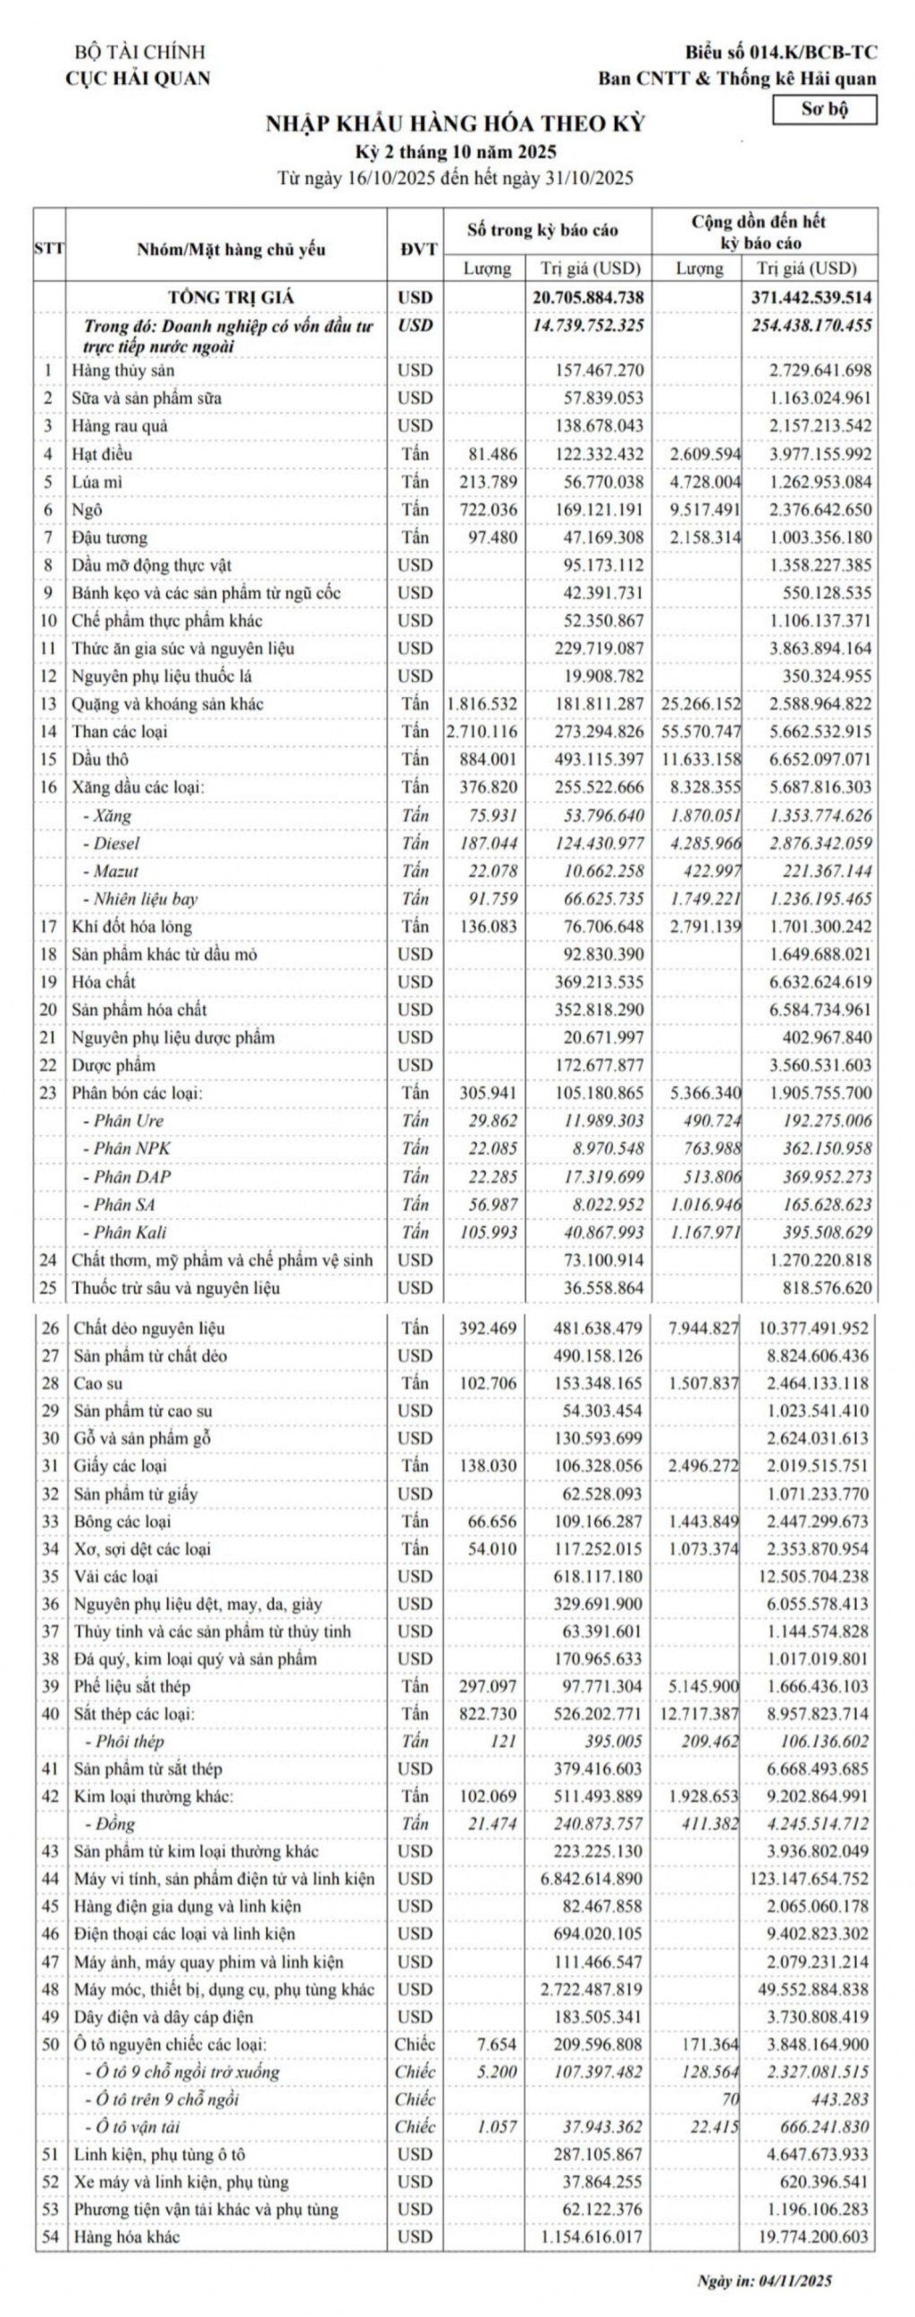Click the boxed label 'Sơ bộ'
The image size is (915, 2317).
[x=824, y=109]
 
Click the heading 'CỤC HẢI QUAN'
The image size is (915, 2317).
[x=138, y=79]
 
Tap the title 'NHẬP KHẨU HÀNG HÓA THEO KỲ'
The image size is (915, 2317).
[x=455, y=124]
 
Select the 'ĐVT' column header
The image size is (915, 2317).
[x=415, y=249]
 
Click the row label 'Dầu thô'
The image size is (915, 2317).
[x=100, y=760]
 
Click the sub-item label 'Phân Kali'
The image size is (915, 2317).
[x=130, y=1232]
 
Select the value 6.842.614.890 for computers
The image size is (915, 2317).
[x=592, y=1879]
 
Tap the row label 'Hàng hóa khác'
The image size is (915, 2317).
[x=126, y=2237]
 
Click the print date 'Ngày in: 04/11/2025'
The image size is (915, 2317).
[x=764, y=2280]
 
